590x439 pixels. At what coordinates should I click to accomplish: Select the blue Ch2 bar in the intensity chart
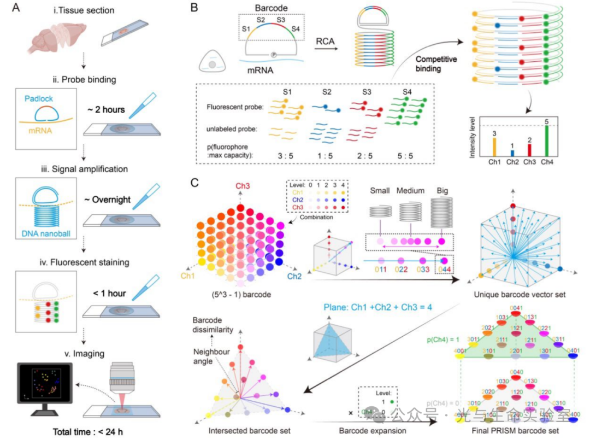(512, 154)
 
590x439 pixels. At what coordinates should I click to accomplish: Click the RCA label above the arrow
(326, 40)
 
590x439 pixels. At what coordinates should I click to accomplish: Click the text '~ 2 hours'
(105, 109)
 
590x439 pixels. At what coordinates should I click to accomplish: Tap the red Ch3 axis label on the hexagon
(243, 185)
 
